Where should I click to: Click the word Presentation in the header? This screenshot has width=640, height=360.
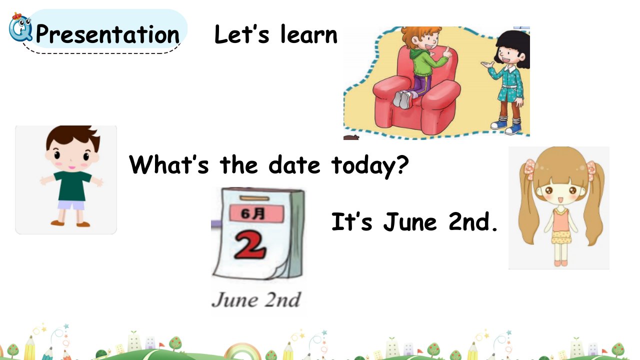(x=107, y=35)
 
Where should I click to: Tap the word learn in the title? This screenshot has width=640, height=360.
(x=309, y=34)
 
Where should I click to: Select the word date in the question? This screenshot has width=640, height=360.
(x=294, y=164)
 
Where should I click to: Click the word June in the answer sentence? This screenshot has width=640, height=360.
(x=410, y=221)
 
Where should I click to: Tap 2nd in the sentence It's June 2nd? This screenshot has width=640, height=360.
(x=473, y=221)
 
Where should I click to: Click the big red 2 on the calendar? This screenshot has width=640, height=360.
(x=249, y=245)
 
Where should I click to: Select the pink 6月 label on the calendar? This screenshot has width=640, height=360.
(x=256, y=213)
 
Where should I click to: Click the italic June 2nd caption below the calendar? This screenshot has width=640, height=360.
(x=255, y=299)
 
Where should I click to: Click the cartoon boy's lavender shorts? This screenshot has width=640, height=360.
(x=71, y=205)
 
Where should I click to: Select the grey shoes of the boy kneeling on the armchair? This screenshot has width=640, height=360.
(x=403, y=99)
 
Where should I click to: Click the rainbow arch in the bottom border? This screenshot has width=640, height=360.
(x=242, y=350)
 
